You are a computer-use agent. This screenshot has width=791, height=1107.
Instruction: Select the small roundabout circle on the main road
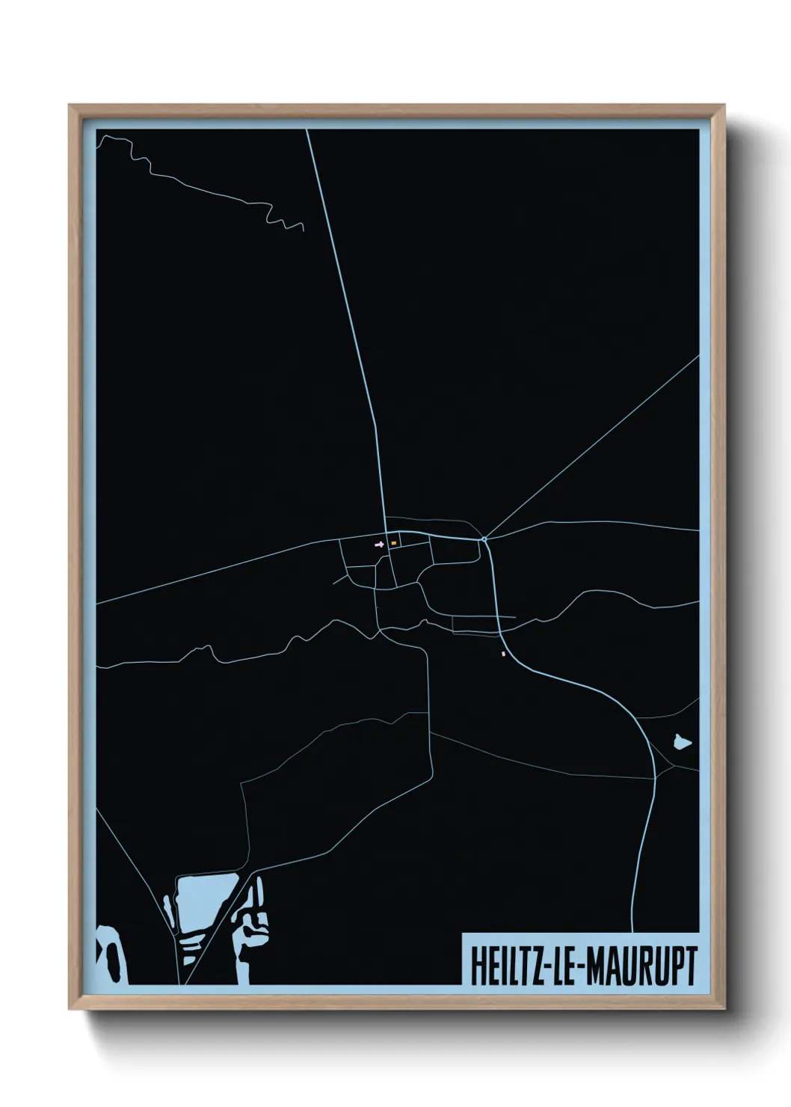[x=484, y=539]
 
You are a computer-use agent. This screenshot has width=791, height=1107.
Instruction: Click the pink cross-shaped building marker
[x=379, y=545]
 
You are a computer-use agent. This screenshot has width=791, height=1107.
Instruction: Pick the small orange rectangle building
[x=393, y=543]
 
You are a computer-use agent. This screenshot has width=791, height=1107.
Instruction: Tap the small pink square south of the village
[x=503, y=654]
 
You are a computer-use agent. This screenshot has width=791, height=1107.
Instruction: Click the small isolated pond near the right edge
[x=680, y=742]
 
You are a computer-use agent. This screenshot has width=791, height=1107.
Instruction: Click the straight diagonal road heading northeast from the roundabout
[x=591, y=448]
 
